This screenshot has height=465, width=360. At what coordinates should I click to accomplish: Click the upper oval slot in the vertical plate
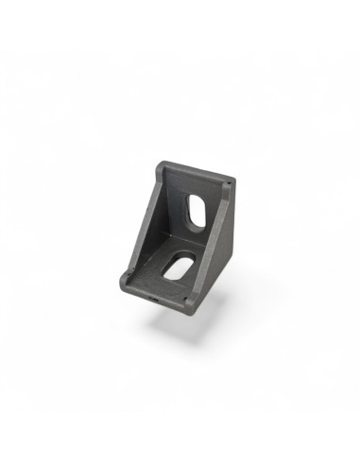point(196,211)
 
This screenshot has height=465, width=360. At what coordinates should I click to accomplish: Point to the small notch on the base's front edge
point(155,297)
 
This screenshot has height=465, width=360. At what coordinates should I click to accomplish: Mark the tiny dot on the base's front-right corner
point(190,304)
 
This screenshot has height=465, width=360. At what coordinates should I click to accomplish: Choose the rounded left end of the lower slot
point(166,273)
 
